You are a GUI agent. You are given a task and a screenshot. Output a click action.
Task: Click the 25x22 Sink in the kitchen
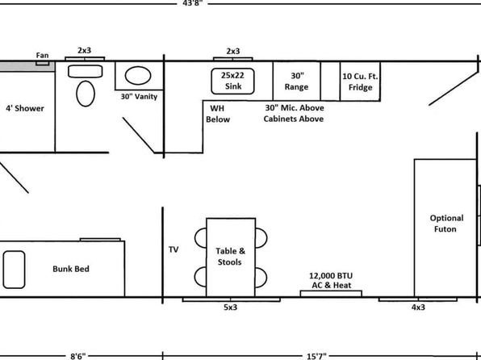point(232,81)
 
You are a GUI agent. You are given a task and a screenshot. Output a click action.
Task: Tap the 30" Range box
point(296,81)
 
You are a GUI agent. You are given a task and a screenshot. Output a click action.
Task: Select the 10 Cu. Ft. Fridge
point(360,81)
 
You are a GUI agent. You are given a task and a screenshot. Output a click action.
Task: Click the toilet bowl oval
point(86,94)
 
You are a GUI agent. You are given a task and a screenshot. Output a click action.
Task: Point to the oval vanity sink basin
point(138,76)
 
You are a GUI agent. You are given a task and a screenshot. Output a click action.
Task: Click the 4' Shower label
point(25,108)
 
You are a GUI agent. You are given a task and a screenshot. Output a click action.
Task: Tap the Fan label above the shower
point(42,55)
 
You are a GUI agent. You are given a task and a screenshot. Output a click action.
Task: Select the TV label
point(174,249)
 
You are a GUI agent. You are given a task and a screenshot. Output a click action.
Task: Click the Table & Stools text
point(230,256)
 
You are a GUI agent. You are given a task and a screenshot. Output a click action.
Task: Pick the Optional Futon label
point(446,224)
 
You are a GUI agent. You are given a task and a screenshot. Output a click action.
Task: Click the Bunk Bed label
point(71,269)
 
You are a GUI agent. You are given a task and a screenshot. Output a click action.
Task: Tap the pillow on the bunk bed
point(14,270)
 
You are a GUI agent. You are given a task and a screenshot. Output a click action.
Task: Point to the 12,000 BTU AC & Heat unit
point(331,293)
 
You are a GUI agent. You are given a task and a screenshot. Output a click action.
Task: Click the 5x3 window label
point(230,308)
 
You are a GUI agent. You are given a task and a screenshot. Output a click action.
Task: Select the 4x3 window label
point(418,308)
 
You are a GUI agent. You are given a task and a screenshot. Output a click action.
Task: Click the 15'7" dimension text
point(316,356)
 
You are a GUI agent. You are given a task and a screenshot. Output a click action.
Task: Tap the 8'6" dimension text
point(78,356)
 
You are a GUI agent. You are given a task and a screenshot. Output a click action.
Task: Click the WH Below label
point(218,114)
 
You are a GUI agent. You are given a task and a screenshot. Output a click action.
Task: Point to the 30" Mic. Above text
point(295,108)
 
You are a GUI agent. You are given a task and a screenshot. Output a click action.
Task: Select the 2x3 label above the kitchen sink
point(233,51)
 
